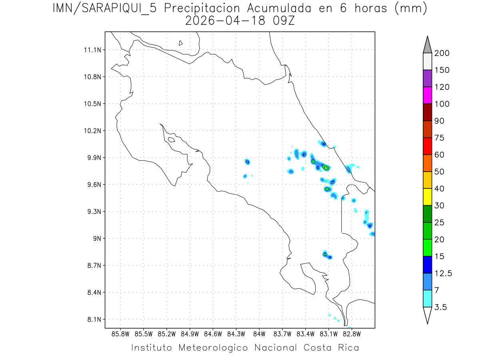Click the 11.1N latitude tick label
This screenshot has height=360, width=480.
[92, 50]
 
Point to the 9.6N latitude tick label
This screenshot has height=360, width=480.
[93, 185]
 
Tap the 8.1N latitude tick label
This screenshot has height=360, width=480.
[93, 320]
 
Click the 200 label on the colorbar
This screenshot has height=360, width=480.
[442, 54]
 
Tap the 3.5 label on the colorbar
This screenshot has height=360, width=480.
[440, 307]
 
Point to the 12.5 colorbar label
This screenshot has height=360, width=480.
[443, 274]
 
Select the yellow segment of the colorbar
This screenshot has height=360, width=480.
[427, 197]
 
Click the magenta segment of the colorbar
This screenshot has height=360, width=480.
[427, 96]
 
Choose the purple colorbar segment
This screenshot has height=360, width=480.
[427, 78]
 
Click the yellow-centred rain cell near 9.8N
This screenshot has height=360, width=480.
[326, 168]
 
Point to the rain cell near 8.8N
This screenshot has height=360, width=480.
[325, 254]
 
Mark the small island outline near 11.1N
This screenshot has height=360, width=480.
[181, 43]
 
